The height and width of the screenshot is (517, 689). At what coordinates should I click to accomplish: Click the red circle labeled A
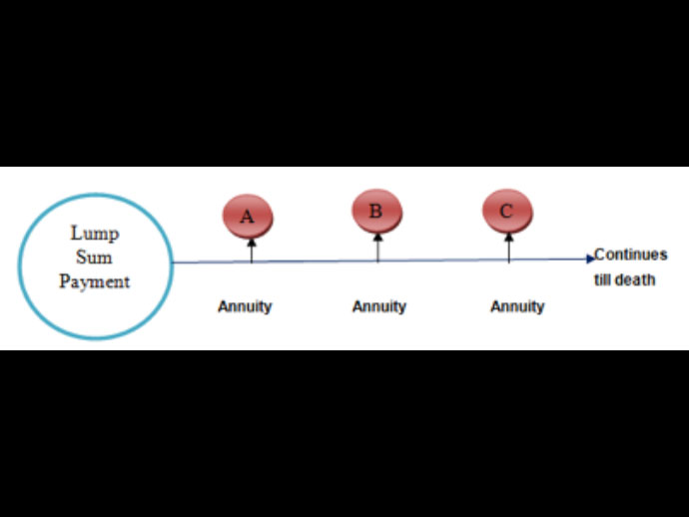(x=248, y=215)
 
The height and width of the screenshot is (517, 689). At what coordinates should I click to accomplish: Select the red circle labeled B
(x=376, y=211)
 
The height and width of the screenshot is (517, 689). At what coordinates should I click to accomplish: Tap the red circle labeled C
(x=507, y=212)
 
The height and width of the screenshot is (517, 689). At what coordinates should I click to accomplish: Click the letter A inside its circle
(x=247, y=215)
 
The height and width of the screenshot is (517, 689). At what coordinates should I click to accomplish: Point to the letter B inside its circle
(x=375, y=211)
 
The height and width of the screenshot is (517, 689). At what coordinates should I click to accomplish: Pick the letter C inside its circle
(x=506, y=212)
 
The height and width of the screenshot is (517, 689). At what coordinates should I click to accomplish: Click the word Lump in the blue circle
(x=95, y=234)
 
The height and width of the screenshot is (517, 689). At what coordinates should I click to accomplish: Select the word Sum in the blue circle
(x=95, y=258)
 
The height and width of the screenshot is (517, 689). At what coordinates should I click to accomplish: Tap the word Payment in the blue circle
(x=95, y=281)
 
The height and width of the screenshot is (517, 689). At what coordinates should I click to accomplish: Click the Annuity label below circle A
(x=245, y=306)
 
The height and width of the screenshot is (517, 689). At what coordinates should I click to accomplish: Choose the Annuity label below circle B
(x=379, y=306)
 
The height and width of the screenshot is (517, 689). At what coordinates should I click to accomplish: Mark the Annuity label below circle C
(x=517, y=306)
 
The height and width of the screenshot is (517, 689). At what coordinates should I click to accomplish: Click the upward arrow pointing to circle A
(x=252, y=250)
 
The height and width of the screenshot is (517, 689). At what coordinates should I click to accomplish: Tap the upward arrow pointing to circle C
(x=509, y=248)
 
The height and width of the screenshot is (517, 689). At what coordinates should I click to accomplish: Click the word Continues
(x=630, y=255)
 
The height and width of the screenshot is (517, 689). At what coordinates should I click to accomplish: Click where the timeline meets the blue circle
(x=173, y=262)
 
